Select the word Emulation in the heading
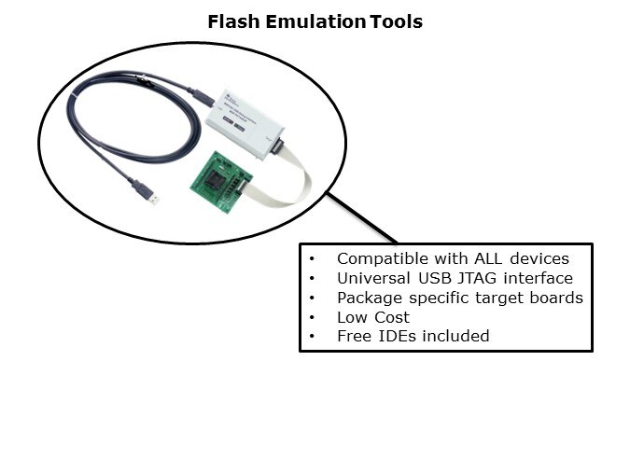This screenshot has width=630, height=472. click(311, 21)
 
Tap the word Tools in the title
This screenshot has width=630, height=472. click(396, 21)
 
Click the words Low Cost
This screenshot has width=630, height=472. click(373, 317)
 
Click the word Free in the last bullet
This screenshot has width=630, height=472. click(355, 336)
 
